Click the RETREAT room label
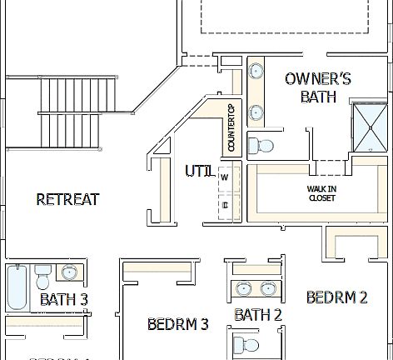pyautogui.click(x=68, y=199)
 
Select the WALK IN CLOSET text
pyautogui.click(x=321, y=193)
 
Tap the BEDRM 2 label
pyautogui.click(x=336, y=297)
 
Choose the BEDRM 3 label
pyautogui.click(x=177, y=323)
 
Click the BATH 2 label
pyautogui.click(x=257, y=315)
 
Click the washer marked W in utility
pyautogui.click(x=225, y=177)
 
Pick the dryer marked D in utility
pyautogui.click(x=225, y=203)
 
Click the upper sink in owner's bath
pyautogui.click(x=256, y=71)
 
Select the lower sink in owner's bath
pyautogui.click(x=256, y=111)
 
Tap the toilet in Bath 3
pyautogui.click(x=43, y=273)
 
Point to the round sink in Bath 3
pyautogui.click(x=71, y=272)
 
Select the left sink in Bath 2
pyautogui.click(x=243, y=289)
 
